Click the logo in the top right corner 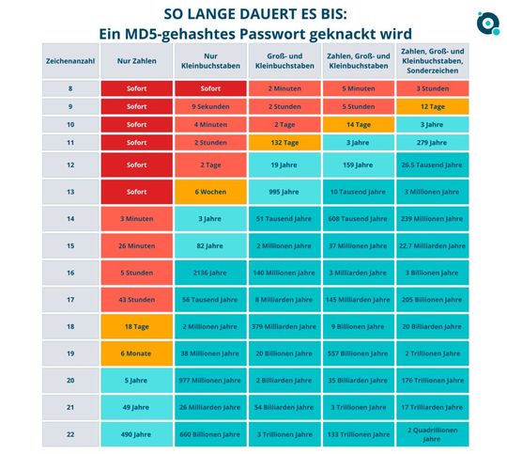(487, 22)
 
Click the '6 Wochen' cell (209, 192)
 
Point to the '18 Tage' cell (136, 325)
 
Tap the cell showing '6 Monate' (136, 352)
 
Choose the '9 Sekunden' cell (209, 106)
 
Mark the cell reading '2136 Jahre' (209, 273)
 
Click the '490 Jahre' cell (136, 433)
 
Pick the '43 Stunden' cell (136, 299)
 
